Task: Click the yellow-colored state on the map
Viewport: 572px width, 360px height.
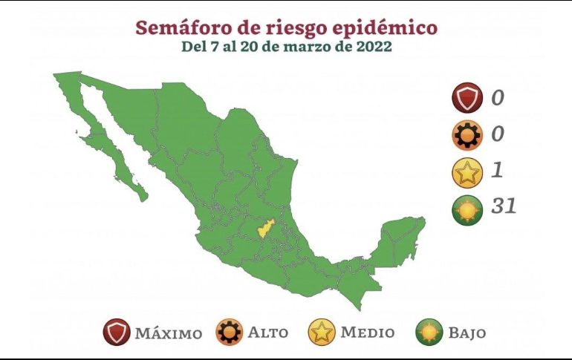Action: (x=265, y=228)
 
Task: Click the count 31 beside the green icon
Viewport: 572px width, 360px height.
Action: (x=503, y=206)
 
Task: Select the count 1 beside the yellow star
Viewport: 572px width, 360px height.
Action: (x=496, y=170)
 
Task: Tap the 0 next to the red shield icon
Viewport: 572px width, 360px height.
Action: (x=497, y=97)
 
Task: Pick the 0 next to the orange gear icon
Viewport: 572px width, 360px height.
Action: (x=497, y=134)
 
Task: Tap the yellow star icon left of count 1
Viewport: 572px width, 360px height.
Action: (x=467, y=173)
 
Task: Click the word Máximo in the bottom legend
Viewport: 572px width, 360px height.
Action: (x=168, y=333)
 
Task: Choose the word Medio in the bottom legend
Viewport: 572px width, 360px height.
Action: (x=367, y=333)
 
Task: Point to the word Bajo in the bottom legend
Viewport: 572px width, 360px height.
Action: (x=467, y=333)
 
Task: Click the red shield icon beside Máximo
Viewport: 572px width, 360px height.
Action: (x=117, y=332)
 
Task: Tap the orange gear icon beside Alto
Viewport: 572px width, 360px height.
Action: (x=230, y=332)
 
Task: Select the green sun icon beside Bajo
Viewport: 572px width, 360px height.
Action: (x=430, y=332)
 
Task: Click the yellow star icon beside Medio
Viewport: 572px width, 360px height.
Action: (x=322, y=332)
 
